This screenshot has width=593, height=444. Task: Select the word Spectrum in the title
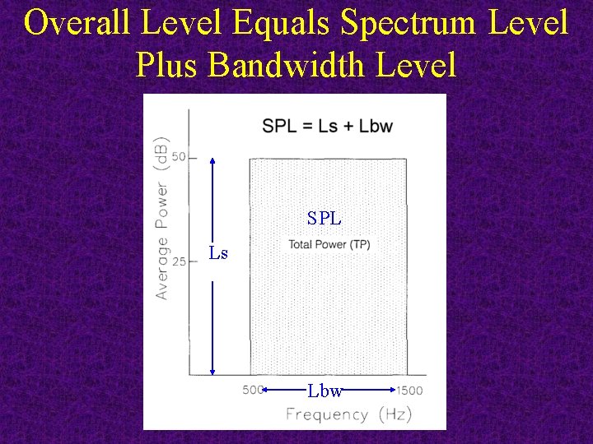tap(408, 23)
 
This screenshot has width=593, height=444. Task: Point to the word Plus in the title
tap(167, 64)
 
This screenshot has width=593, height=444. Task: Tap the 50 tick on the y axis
tap(180, 157)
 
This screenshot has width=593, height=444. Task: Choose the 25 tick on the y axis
tap(180, 261)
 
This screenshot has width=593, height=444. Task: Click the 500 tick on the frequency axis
tap(253, 391)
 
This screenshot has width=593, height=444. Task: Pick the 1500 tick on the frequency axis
tap(409, 391)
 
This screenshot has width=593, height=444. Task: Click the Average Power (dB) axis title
tap(162, 217)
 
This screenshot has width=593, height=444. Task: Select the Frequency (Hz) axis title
tap(348, 414)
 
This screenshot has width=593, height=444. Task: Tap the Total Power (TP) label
tap(329, 245)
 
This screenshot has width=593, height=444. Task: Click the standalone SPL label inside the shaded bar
tap(325, 219)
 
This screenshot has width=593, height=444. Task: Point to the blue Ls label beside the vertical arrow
tap(218, 253)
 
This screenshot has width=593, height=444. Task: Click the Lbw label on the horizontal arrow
tap(325, 391)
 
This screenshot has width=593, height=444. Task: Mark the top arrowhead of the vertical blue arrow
tap(213, 160)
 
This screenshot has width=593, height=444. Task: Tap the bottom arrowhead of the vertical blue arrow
tap(213, 374)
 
